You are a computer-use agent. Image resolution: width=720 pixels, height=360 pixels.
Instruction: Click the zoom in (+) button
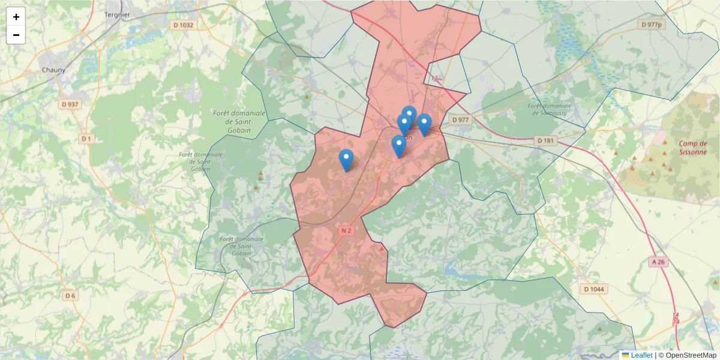16,17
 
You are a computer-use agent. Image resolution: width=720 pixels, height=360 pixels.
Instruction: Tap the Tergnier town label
118,13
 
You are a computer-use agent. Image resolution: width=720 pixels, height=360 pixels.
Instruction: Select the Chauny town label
53,70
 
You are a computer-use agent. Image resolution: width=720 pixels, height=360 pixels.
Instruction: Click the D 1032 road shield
183,25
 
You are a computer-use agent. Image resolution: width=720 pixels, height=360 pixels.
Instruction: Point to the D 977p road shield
651,25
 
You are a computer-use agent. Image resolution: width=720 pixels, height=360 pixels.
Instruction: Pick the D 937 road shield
70,104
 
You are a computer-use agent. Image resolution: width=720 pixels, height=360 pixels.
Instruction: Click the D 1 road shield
86,139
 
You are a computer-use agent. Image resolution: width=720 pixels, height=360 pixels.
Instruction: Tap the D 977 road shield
460,120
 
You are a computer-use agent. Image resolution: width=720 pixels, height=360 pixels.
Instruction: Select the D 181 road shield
546,140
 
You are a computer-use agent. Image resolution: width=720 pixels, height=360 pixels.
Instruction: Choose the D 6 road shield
71,295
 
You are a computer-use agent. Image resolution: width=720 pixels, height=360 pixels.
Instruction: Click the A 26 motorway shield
658,262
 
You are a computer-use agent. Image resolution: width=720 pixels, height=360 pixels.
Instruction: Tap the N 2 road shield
346,230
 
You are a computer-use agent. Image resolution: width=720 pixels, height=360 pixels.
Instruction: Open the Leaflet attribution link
641,355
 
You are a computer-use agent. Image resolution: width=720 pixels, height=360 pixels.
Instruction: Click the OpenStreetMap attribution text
691,355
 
